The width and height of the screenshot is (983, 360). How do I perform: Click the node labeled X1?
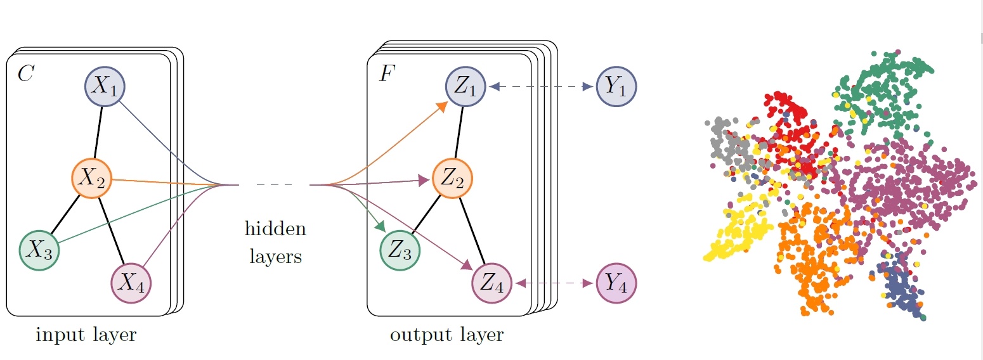105,87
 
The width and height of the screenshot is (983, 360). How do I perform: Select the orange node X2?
91,178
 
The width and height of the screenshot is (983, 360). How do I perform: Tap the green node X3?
39,251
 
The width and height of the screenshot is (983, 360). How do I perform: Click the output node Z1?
466,87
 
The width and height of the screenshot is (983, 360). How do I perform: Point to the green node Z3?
400,251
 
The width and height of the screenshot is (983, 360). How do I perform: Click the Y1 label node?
616,87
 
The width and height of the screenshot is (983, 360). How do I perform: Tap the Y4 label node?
616,283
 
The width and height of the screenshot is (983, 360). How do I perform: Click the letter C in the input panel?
25,74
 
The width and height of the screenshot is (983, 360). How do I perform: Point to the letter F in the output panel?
386,74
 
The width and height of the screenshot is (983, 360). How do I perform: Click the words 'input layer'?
86,335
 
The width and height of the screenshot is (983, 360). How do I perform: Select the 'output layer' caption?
446,335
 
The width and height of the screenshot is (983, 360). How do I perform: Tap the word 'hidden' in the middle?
275,229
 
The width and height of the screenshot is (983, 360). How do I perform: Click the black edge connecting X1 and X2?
98,132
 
